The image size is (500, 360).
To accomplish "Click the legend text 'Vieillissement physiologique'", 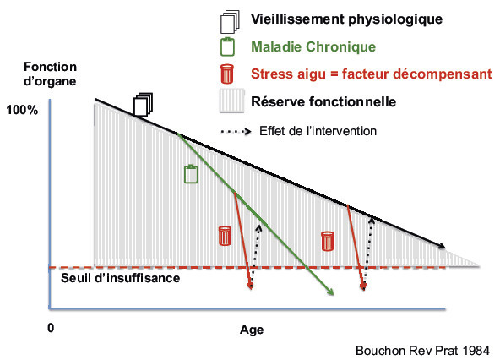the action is point(346,19).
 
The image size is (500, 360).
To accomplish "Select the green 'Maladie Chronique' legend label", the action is point(313,47).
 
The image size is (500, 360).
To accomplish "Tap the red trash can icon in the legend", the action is point(227,74).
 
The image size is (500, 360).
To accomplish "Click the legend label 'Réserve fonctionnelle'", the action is point(323,101).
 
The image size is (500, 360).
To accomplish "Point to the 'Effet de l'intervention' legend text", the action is point(318,131).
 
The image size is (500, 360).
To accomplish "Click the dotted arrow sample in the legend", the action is point(236,131).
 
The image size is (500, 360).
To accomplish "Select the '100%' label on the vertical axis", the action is point(22,110).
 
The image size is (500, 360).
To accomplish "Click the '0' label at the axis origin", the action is point(51,328).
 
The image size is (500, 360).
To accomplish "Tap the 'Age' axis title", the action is point(252,330).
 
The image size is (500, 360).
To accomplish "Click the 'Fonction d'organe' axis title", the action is point(50,74).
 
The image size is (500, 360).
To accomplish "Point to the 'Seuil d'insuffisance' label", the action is point(120,278).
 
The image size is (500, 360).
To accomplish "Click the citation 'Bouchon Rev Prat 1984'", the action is point(422,351).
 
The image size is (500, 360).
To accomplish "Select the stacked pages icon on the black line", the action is point(143,104).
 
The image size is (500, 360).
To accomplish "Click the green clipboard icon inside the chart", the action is point(191,173).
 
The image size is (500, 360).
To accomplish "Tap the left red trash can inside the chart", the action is point(225,236).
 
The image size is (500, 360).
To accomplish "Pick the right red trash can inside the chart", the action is point(328,241).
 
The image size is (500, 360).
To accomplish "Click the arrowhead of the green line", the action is point(331,292).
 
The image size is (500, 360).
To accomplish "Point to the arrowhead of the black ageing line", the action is point(442,246).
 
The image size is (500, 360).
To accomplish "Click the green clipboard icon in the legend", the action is point(227,46).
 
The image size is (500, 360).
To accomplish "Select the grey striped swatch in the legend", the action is point(231,101).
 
